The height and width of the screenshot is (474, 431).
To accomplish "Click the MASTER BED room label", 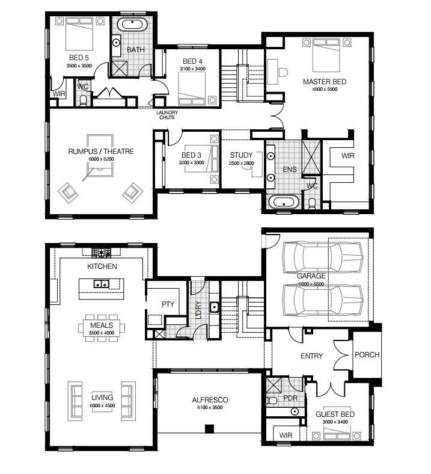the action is (x=325, y=82).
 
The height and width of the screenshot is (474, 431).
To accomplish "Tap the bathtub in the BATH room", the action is (x=132, y=25).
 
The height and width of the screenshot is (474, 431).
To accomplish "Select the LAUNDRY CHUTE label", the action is (x=167, y=115).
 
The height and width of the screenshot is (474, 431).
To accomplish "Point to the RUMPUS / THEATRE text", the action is (x=101, y=151).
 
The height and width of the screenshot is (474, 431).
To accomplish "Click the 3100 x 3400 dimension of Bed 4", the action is (x=193, y=69).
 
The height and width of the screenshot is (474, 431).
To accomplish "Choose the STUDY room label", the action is (x=241, y=155).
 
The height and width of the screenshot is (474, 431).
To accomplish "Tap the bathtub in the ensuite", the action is (x=284, y=202).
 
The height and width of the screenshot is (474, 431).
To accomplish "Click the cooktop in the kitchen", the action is (x=102, y=253).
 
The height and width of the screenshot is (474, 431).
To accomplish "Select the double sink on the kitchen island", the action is (x=101, y=284).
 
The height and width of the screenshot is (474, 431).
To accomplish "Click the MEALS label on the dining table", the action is (x=102, y=325).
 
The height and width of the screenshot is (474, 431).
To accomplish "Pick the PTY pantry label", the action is (x=168, y=304).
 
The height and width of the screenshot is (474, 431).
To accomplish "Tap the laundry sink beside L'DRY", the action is (x=214, y=307).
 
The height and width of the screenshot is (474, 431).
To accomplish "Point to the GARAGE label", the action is (x=311, y=276).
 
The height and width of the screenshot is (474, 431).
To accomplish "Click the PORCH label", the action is (x=367, y=354).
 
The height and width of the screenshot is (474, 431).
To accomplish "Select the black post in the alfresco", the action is (x=209, y=429).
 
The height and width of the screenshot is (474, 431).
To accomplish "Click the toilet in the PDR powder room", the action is (x=272, y=401).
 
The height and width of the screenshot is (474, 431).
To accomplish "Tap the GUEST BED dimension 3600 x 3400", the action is (x=335, y=422).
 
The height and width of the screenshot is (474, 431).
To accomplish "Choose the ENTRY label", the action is (x=312, y=356).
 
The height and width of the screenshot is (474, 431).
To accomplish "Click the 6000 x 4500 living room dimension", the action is (x=102, y=405).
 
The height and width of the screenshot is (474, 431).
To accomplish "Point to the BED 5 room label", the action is (x=79, y=57).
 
